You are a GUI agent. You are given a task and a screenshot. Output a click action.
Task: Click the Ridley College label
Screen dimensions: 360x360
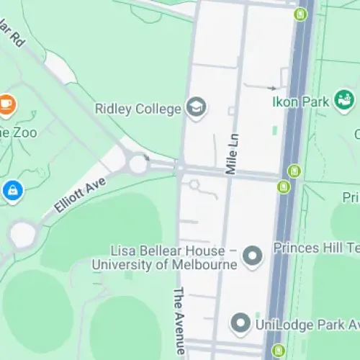point(137,109)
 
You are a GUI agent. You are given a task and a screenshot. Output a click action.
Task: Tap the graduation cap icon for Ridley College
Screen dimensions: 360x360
point(195,108)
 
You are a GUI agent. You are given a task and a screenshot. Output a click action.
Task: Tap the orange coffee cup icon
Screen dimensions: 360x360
point(6,105)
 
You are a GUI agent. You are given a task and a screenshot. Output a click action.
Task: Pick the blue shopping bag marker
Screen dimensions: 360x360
point(13,191)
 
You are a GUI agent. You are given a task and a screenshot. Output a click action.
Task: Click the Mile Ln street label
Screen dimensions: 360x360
point(231,155)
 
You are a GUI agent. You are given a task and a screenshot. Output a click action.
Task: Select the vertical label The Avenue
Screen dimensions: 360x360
point(180,321)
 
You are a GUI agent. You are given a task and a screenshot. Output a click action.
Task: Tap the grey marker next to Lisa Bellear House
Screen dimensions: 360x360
point(252,256)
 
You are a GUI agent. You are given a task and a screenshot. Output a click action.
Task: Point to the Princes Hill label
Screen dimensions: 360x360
point(315,248)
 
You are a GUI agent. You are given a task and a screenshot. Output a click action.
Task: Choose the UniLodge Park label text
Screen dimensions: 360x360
point(307,324)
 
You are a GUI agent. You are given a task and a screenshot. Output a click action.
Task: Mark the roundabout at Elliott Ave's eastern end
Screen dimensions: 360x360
point(138,164)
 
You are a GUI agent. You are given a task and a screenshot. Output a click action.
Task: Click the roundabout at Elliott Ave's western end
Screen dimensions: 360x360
point(22,233)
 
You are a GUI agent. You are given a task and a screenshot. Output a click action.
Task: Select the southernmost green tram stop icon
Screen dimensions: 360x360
point(278,351)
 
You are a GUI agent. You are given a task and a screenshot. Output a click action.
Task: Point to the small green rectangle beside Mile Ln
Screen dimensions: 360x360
point(274,131)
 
